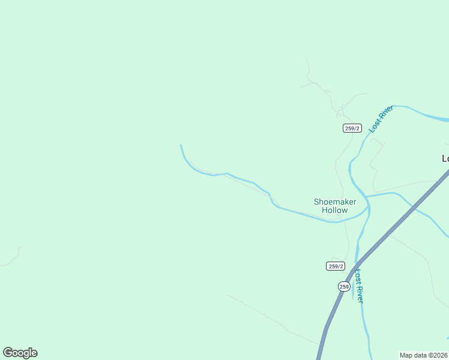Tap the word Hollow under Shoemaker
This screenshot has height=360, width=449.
(334, 211)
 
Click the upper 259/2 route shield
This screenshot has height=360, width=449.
(352, 128)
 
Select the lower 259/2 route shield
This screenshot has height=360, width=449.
(336, 266)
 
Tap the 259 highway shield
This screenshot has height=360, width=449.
(344, 286)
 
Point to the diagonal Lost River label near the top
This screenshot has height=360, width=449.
(381, 118)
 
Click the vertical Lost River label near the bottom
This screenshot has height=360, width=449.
(358, 286)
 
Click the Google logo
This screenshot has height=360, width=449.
(20, 353)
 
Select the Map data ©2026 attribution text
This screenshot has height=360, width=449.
(424, 355)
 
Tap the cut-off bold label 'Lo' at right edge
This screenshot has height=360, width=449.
(445, 158)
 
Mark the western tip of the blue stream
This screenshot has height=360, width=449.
(181, 145)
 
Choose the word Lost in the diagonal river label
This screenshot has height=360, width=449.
(375, 125)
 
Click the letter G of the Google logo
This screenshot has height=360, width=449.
(8, 353)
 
